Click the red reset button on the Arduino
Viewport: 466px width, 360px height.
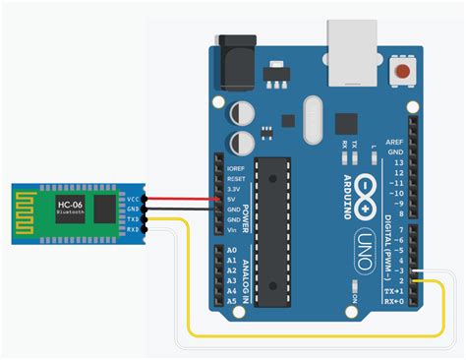(401, 72)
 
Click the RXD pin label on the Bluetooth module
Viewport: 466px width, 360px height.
(133, 231)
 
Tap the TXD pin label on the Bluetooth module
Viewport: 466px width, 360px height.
(133, 219)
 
